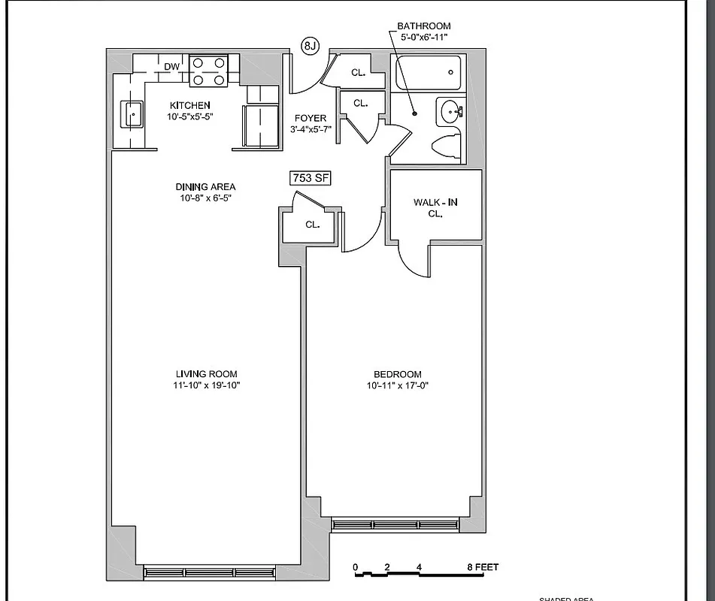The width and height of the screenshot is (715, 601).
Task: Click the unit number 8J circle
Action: coord(311,47)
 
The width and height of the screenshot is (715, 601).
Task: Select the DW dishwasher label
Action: coord(172,67)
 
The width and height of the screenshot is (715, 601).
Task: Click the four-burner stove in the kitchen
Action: coord(208,71)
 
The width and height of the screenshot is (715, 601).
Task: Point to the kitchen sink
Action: coord(133,115)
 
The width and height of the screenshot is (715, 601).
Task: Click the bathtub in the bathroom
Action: coord(426,73)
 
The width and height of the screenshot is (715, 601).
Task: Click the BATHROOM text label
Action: coord(424,26)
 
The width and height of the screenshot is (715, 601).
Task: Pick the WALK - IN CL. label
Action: coord(435,207)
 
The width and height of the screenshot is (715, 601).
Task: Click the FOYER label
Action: coord(311,119)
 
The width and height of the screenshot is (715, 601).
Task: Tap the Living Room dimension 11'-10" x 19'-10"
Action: coord(207,385)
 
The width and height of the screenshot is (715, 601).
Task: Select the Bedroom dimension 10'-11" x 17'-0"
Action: coord(398,385)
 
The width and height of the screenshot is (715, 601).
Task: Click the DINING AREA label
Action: coord(205,187)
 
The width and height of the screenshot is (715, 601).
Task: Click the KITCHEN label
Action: coord(189,105)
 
